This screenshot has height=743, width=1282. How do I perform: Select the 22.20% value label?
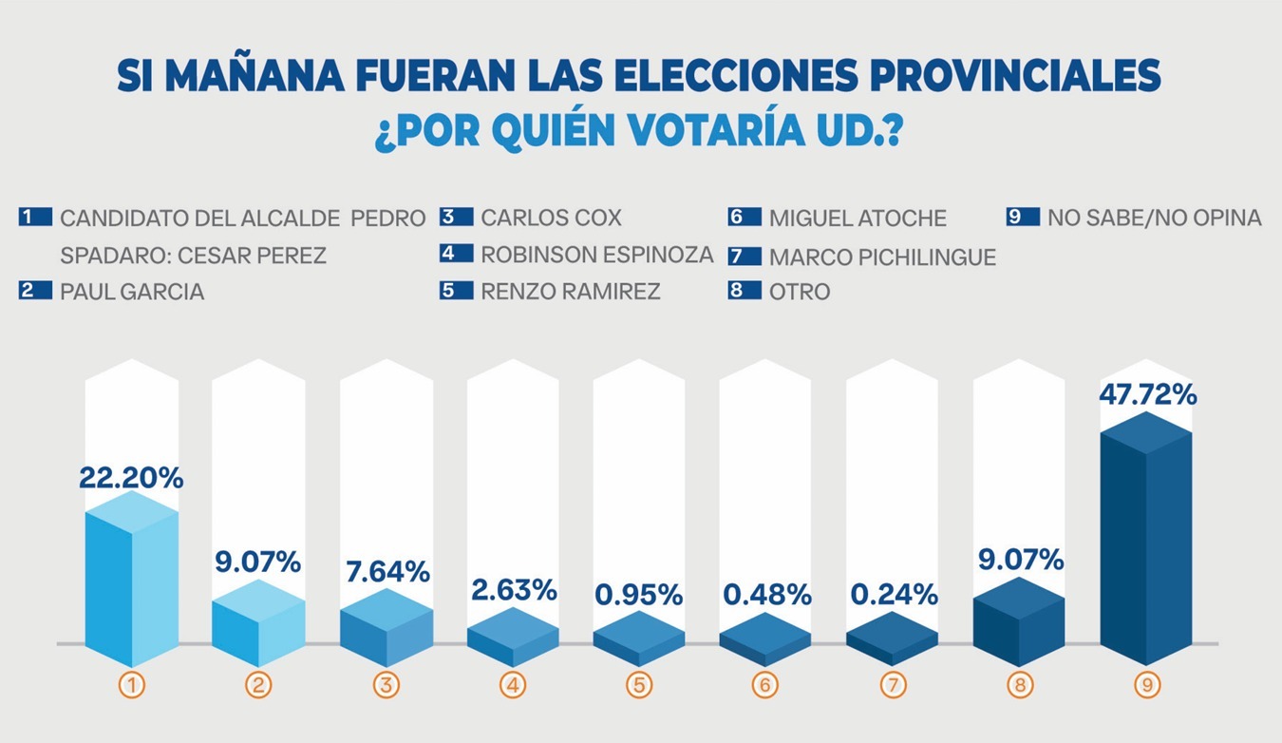[x=131, y=479]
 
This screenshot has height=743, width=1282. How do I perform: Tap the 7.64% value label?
[x=386, y=572]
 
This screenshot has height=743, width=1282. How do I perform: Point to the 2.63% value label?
[x=514, y=590]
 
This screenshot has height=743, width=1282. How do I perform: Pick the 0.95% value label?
[x=639, y=596]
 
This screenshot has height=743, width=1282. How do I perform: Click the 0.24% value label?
[x=894, y=596]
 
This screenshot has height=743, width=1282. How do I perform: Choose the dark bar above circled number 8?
[x=1018, y=622]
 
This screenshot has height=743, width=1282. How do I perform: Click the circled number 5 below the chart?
[x=639, y=685]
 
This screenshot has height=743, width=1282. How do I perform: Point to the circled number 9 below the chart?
[x=1145, y=685]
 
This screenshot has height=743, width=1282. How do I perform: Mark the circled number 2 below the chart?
[x=258, y=685]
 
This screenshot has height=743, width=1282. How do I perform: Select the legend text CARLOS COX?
[x=551, y=218]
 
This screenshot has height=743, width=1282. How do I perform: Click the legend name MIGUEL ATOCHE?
[x=858, y=219]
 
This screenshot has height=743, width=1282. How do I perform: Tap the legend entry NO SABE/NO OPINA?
[x=1154, y=218]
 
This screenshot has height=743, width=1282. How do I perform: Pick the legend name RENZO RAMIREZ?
[x=570, y=291]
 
